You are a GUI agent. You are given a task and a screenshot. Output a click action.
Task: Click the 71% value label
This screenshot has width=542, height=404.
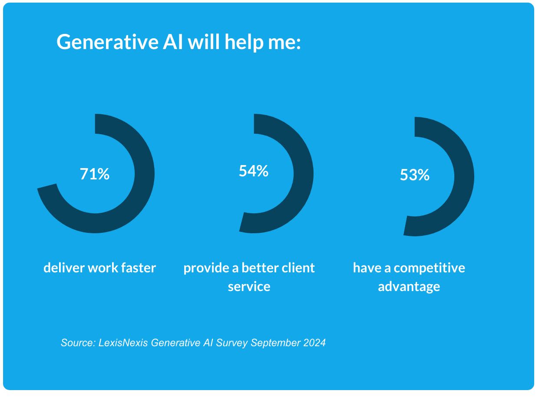point(95,174)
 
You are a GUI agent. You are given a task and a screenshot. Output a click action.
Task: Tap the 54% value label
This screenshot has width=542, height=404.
point(254,171)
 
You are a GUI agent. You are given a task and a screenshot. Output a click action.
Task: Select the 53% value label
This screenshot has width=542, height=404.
point(414,175)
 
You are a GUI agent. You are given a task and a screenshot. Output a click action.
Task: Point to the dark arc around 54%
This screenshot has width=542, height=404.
point(303,174)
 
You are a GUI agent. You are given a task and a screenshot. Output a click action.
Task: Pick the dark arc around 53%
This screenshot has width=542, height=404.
point(464,177)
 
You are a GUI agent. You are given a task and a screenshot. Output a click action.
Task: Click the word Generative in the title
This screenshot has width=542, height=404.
point(107,42)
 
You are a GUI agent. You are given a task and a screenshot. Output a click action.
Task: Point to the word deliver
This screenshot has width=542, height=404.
point(64,268)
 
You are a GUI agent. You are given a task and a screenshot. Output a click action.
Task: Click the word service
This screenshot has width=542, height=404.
point(249,287)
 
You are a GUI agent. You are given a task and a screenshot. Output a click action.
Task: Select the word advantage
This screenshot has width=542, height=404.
point(409,287)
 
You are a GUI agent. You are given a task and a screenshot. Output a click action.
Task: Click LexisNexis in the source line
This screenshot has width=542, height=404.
point(124,343)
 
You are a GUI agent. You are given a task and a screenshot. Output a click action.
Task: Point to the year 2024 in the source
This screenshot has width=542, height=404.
point(314,343)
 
